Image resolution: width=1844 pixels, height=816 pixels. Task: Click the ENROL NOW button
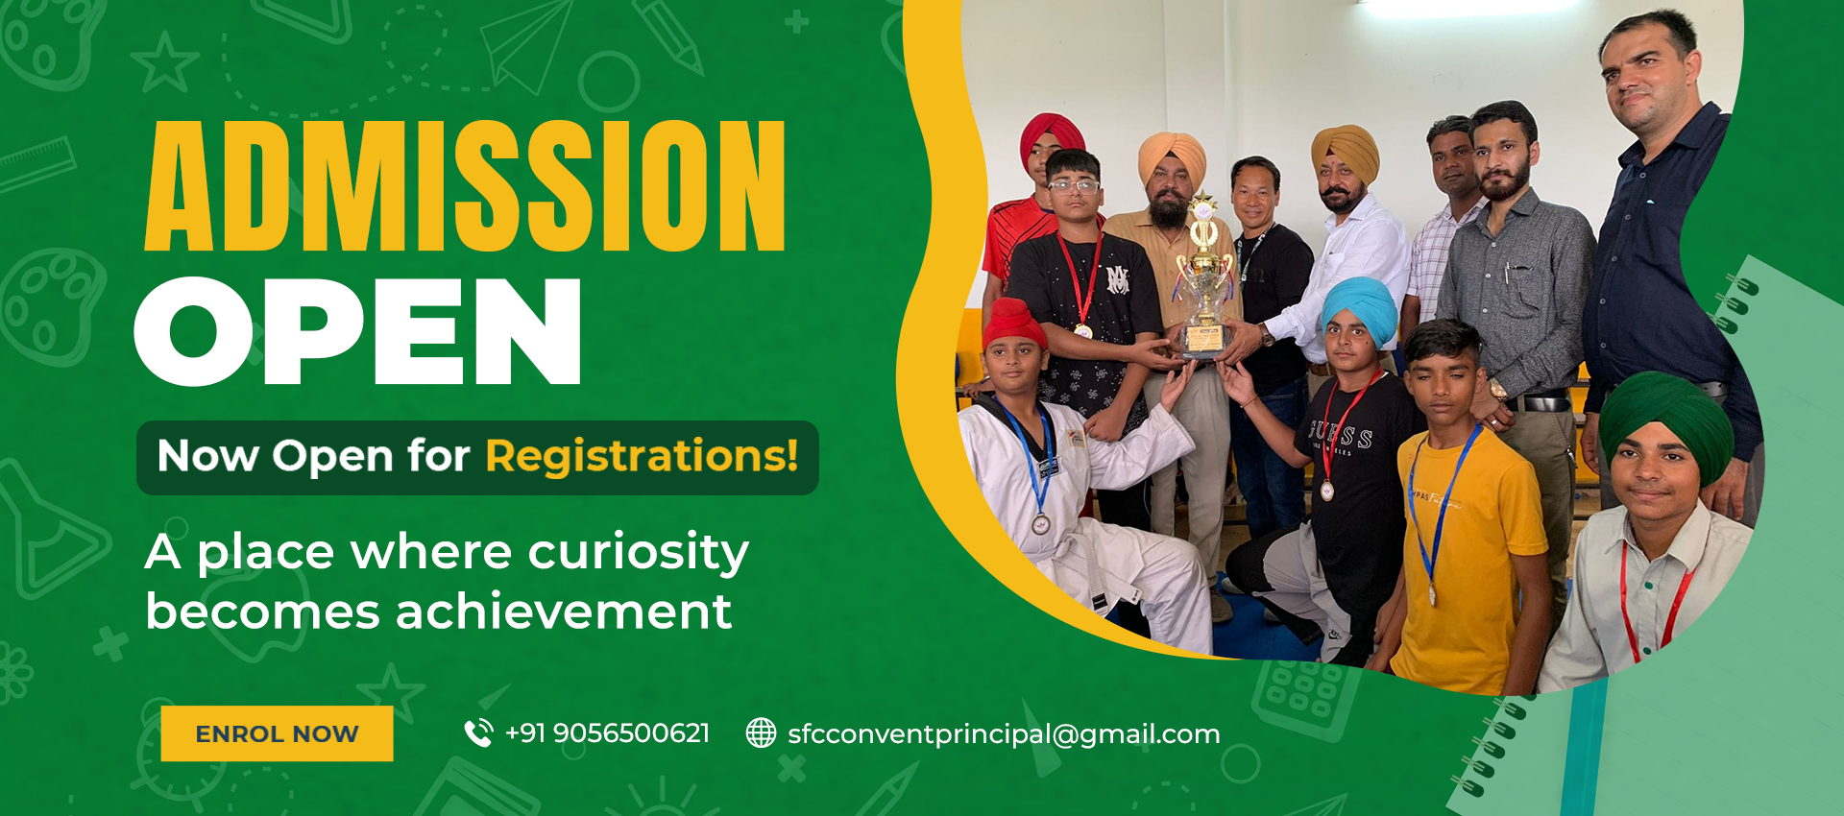(x=277, y=733)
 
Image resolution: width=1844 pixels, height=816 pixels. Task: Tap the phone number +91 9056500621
(x=607, y=733)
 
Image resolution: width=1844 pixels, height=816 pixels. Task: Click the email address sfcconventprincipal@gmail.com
(x=1004, y=734)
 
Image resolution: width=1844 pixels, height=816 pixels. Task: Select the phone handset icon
(x=478, y=733)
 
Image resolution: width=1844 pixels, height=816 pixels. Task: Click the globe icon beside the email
(x=761, y=733)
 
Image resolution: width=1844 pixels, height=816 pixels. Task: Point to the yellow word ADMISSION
(x=466, y=186)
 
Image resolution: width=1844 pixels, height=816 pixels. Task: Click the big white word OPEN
(x=358, y=331)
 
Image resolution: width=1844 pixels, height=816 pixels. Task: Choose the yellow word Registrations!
(x=642, y=456)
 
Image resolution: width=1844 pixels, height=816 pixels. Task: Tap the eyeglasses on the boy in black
(x=1073, y=185)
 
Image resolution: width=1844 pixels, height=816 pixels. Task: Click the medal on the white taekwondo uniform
(x=1041, y=524)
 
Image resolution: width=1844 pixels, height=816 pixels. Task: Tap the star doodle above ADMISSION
(x=164, y=62)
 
